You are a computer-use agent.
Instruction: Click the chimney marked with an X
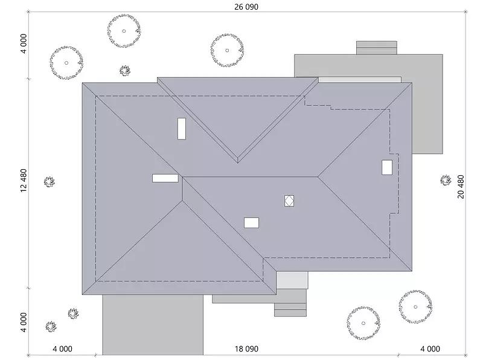(289, 201)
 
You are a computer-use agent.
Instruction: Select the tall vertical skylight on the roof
(181, 129)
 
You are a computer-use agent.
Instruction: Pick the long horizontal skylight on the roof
(165, 178)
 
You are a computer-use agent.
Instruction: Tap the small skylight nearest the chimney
(251, 223)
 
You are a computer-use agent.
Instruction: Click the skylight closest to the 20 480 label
(387, 167)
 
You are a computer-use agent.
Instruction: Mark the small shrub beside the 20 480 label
(446, 180)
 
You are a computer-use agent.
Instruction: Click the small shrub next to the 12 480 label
(49, 182)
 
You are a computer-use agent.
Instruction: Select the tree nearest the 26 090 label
(228, 48)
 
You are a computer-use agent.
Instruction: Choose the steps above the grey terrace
(377, 48)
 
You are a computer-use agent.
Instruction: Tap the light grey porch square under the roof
(292, 280)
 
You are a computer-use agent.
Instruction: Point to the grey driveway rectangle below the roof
(152, 325)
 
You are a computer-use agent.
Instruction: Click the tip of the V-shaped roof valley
(238, 161)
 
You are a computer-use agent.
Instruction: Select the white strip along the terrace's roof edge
(359, 80)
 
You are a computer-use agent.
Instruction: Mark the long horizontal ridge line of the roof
(250, 177)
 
